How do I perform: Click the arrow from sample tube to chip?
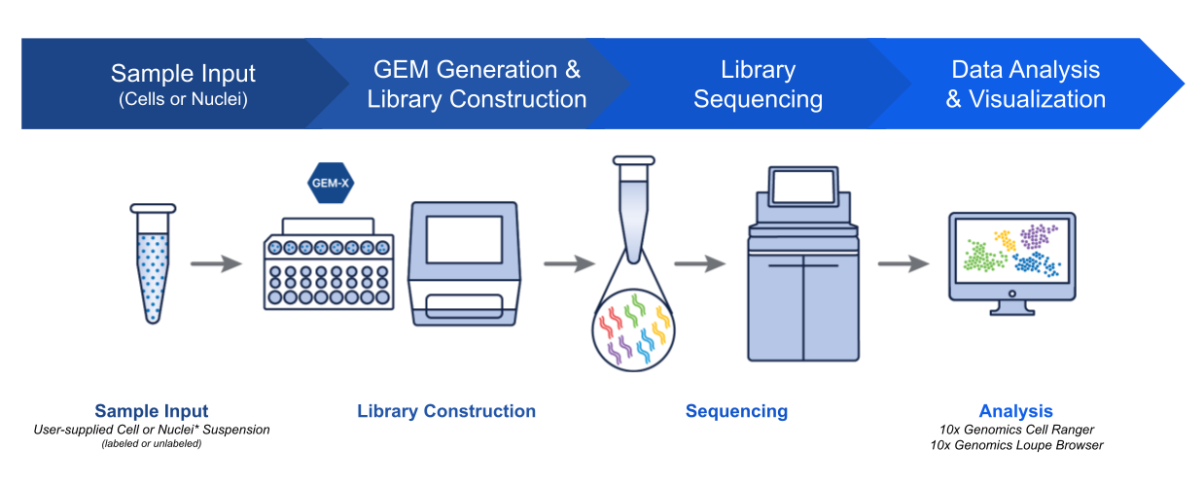(x=215, y=263)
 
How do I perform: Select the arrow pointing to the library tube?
(x=568, y=263)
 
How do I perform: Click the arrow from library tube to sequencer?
(x=699, y=263)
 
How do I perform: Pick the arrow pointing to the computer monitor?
(x=903, y=263)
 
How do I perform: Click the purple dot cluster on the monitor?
(x=1039, y=235)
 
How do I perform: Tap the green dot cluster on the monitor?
(x=985, y=257)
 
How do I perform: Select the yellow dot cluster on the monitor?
(x=1005, y=238)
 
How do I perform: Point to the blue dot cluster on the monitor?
(x=1035, y=264)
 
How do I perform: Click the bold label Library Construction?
(x=446, y=411)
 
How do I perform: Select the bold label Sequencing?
(x=736, y=411)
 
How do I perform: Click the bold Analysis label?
(x=1015, y=411)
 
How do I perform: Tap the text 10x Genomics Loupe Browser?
(x=1015, y=445)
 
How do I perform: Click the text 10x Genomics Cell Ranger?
(x=1015, y=429)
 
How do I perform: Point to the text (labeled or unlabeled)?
(x=152, y=444)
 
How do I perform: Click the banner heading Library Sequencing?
(x=758, y=85)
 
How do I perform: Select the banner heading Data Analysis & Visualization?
(x=1025, y=85)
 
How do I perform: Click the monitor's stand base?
(x=1011, y=312)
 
